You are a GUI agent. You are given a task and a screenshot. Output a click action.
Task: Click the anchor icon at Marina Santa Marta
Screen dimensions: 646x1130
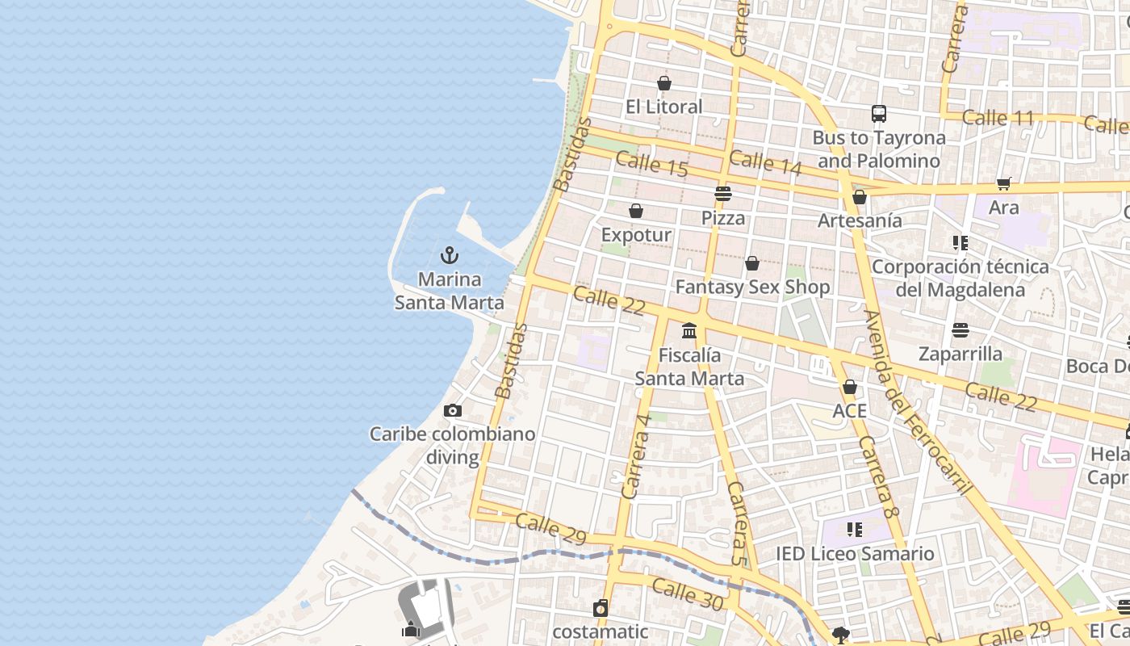coord(450,256)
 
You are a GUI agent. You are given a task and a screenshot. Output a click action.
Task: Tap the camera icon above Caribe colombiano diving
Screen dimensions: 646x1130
coord(453,410)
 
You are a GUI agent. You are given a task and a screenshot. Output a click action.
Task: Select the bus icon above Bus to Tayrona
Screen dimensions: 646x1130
coord(879,114)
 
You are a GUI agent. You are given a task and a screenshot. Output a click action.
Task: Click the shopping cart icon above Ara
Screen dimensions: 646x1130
coord(1004,184)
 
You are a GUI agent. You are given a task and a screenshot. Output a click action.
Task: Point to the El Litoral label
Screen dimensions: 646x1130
coord(664,107)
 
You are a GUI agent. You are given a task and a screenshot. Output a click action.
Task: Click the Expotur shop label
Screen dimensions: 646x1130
coord(636,235)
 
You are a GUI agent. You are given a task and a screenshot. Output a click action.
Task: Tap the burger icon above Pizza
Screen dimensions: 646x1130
coord(723,194)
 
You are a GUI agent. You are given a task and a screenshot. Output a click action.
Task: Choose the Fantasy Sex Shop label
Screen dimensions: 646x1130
coord(752,287)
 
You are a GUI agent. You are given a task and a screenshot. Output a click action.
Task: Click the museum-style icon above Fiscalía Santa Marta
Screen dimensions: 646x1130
coord(689,330)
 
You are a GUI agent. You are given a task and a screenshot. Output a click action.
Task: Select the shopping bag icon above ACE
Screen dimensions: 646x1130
coord(850,388)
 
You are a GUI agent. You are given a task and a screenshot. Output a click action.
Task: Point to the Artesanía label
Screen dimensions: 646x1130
coord(860,220)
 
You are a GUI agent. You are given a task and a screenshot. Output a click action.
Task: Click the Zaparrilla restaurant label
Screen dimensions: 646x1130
coord(960,354)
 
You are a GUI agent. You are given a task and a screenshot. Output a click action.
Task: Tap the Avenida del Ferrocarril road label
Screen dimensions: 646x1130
coord(918,401)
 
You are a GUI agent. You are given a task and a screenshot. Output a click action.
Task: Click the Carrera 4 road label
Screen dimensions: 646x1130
coord(636,456)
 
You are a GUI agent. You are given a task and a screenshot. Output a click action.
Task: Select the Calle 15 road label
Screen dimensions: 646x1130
coord(651,164)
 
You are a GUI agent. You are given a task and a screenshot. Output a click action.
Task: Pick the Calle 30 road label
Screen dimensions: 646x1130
coord(688,594)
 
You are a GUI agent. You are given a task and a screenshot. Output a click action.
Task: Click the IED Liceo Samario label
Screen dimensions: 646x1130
coord(855,554)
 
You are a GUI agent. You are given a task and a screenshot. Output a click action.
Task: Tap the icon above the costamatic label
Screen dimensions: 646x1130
coord(601,608)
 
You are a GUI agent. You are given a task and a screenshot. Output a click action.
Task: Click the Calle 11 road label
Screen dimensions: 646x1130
coord(998,118)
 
